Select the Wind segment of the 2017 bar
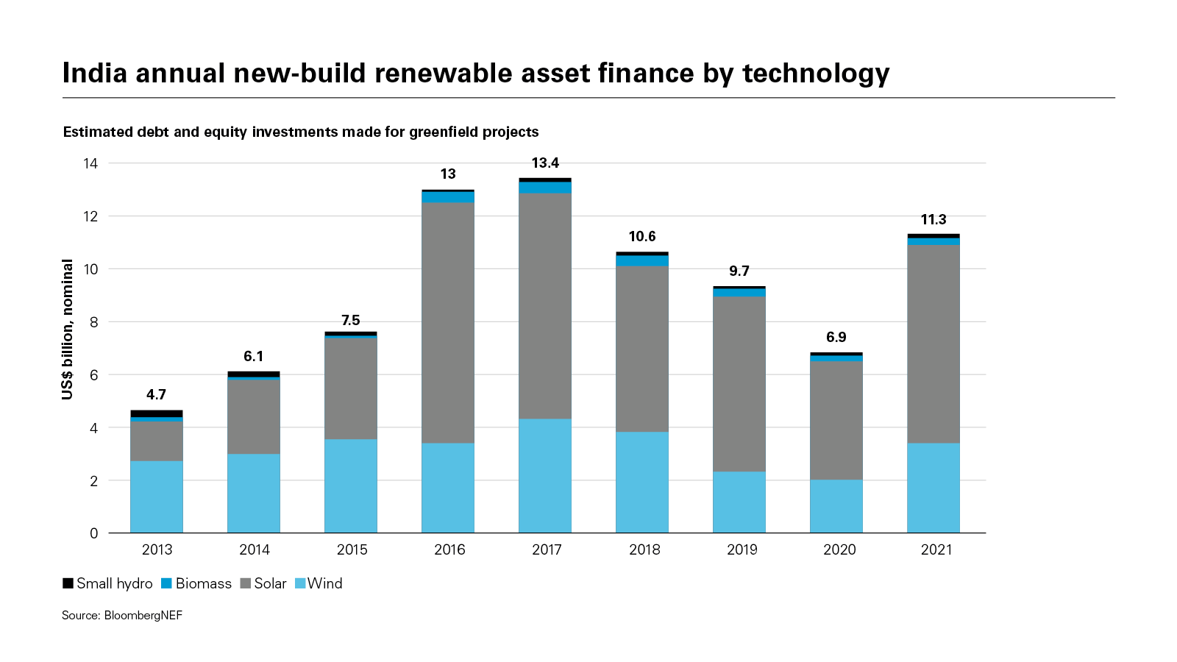[x=545, y=476]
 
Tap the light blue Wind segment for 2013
[x=157, y=496]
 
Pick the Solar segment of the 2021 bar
[x=934, y=344]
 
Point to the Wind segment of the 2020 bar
[x=836, y=506]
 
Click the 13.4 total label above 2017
[x=545, y=163]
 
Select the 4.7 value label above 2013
[x=156, y=395]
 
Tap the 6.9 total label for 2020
[x=836, y=338]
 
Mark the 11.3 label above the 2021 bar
[x=934, y=220]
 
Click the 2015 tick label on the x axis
[x=352, y=550]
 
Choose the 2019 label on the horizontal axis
[x=742, y=550]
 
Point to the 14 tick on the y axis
[x=90, y=163]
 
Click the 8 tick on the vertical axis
[x=93, y=322]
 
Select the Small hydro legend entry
[x=108, y=584]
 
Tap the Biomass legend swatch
[x=166, y=584]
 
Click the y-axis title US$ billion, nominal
[x=68, y=330]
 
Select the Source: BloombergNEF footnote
[x=122, y=616]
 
